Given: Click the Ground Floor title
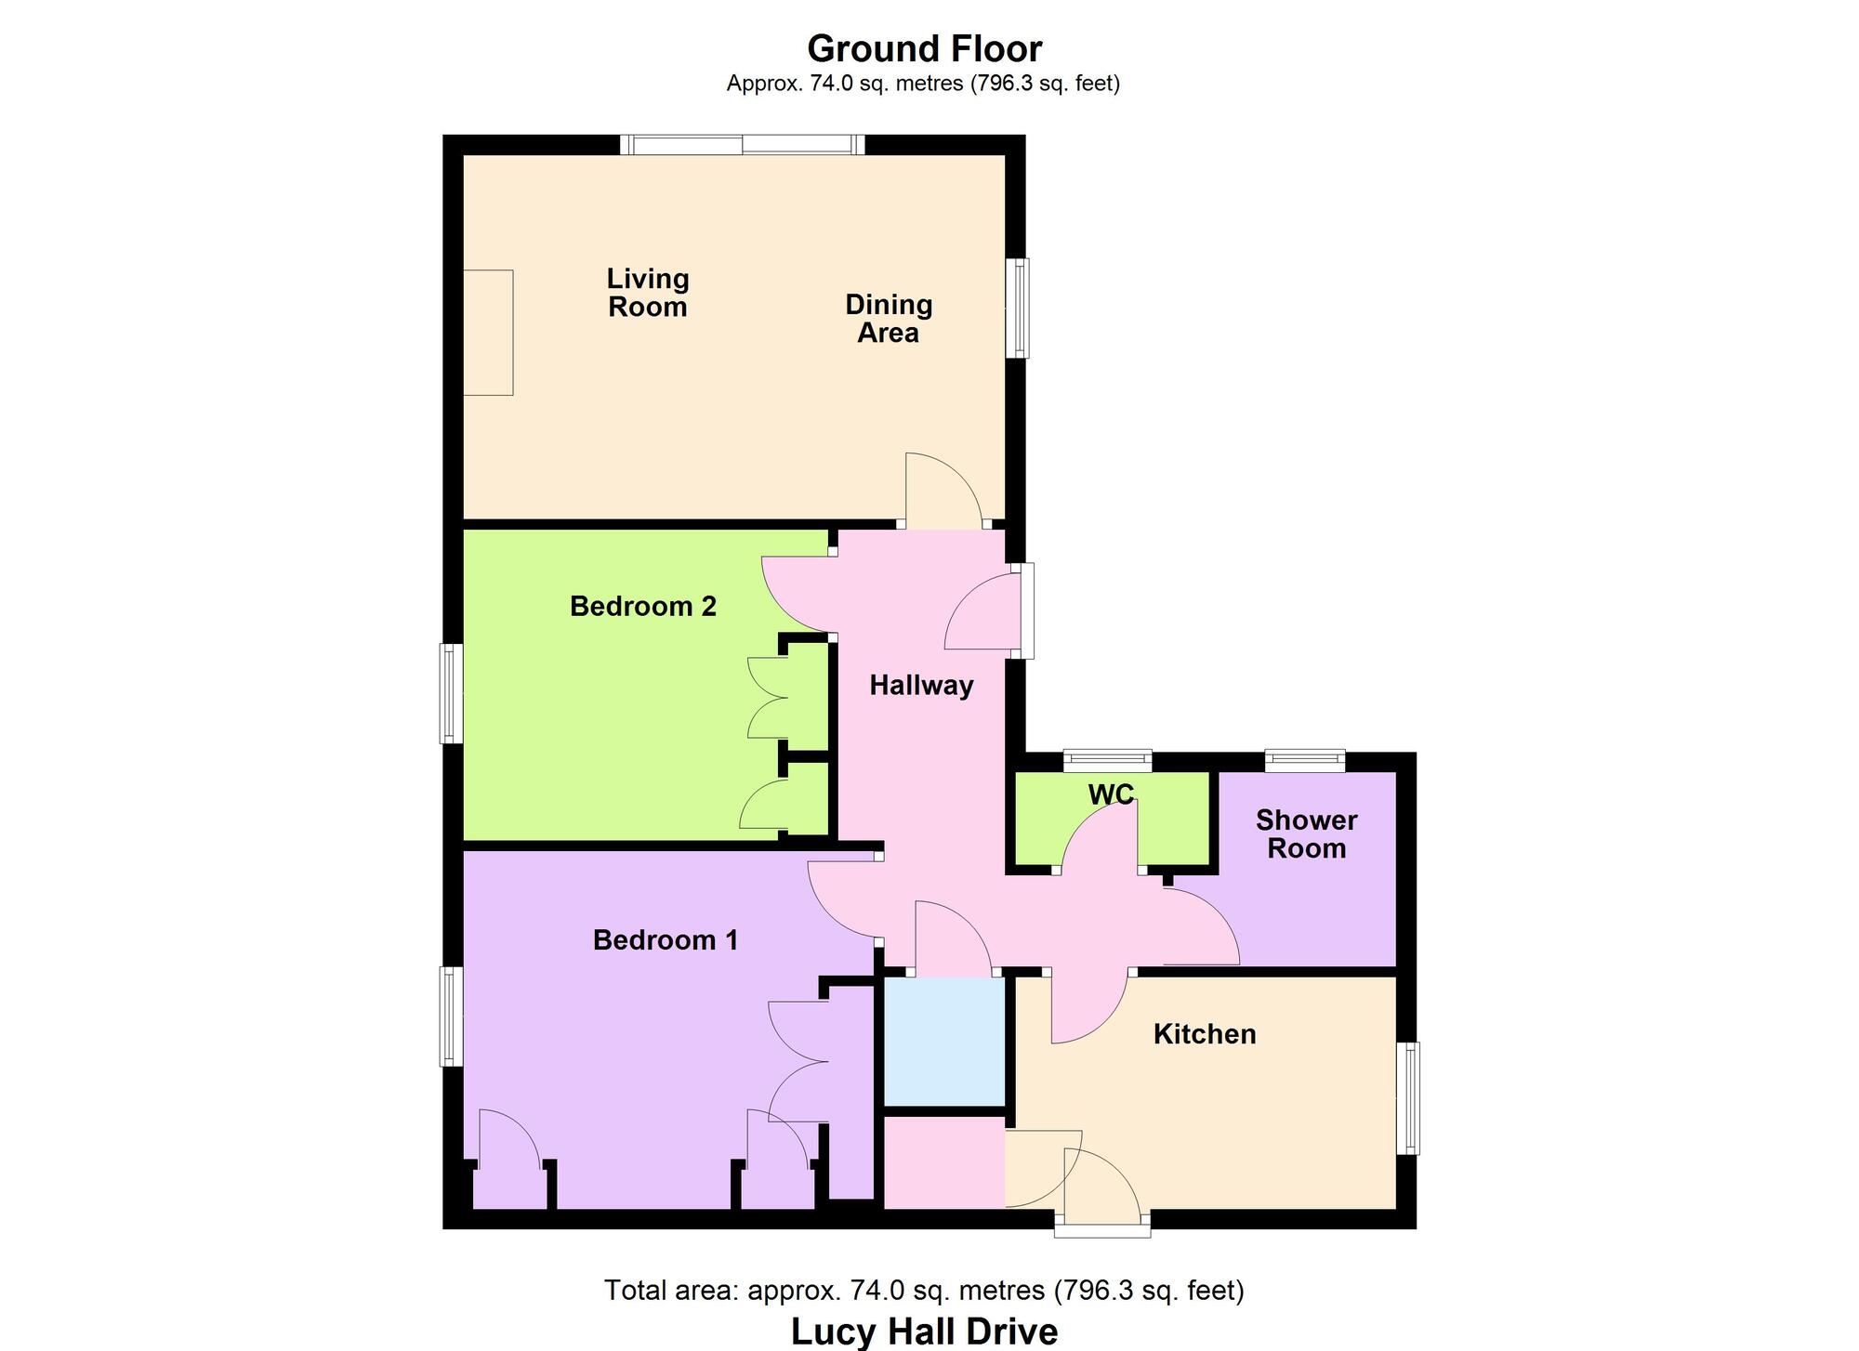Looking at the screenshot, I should click(924, 48).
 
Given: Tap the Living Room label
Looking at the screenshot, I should click(648, 293).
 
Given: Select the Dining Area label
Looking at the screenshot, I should click(889, 319).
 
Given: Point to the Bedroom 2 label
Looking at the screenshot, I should click(643, 607).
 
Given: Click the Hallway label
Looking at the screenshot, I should click(921, 686).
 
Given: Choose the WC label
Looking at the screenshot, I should click(1111, 794).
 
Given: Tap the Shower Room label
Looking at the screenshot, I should click(1306, 833).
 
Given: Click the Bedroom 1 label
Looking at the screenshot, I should click(666, 940).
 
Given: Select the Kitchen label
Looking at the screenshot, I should click(1205, 1034).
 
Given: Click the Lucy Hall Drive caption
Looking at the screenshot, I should click(924, 1331).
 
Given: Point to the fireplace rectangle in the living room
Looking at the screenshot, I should click(488, 333).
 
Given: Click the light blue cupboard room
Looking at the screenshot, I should click(944, 1042).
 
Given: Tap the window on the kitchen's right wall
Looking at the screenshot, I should click(1411, 1098).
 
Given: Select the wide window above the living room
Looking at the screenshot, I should click(743, 145).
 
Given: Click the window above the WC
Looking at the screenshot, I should click(1108, 761).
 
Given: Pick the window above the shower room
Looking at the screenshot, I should click(1305, 761).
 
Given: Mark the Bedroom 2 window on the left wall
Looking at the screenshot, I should click(452, 694).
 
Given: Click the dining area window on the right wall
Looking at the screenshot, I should click(1020, 308).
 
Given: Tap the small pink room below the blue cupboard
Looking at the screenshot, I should click(943, 1162).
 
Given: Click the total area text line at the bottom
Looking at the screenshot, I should click(924, 1291).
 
